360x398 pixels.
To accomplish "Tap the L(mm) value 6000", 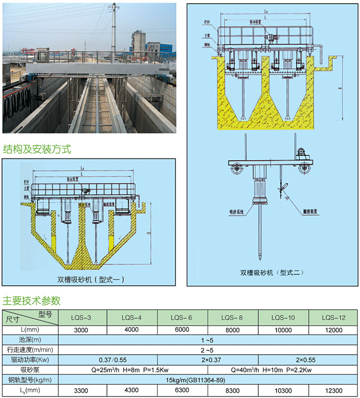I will tap(182, 330).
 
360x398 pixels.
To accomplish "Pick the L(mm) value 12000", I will tap(333, 330).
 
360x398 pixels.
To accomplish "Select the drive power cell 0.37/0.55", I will tap(106, 360).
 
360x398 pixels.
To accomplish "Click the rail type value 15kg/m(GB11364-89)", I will tap(208, 380).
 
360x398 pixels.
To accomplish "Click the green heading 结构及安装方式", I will tap(37, 150).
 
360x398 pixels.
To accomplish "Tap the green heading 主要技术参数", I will tap(32, 301).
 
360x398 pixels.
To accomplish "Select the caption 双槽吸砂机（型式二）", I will tap(271, 272).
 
